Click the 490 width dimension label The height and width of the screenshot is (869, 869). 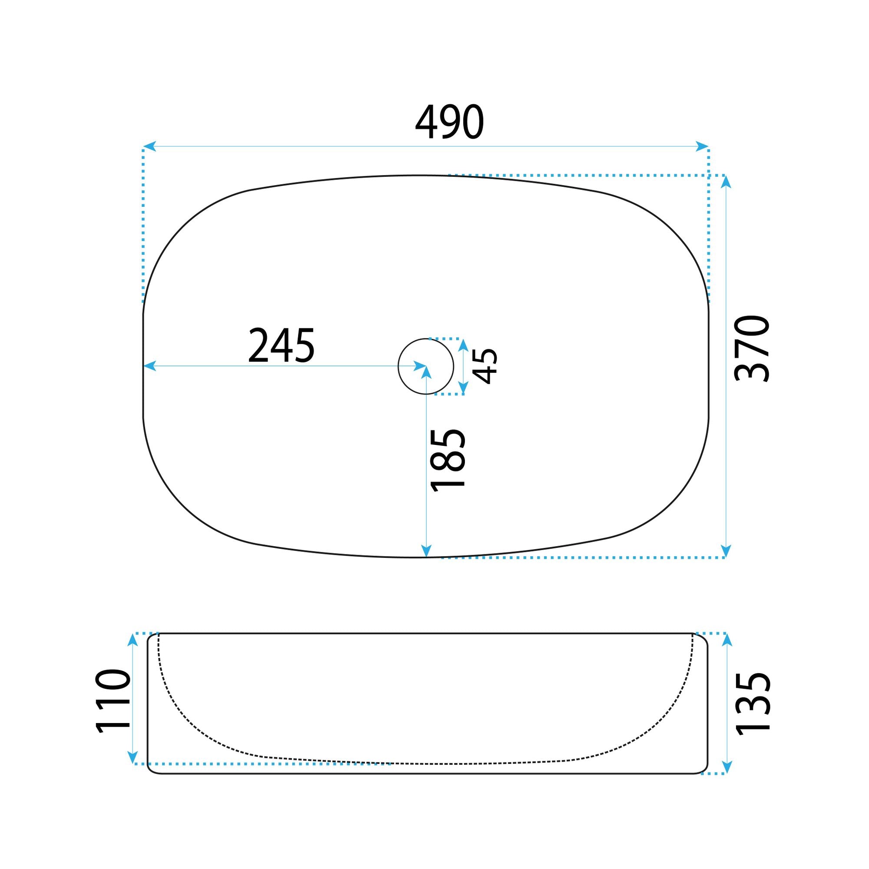point(449,122)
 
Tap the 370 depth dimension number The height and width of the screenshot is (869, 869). point(752,349)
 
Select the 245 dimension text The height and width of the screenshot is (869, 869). point(281,345)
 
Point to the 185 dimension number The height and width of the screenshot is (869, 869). point(448,460)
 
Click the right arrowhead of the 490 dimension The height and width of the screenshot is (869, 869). point(702,146)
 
